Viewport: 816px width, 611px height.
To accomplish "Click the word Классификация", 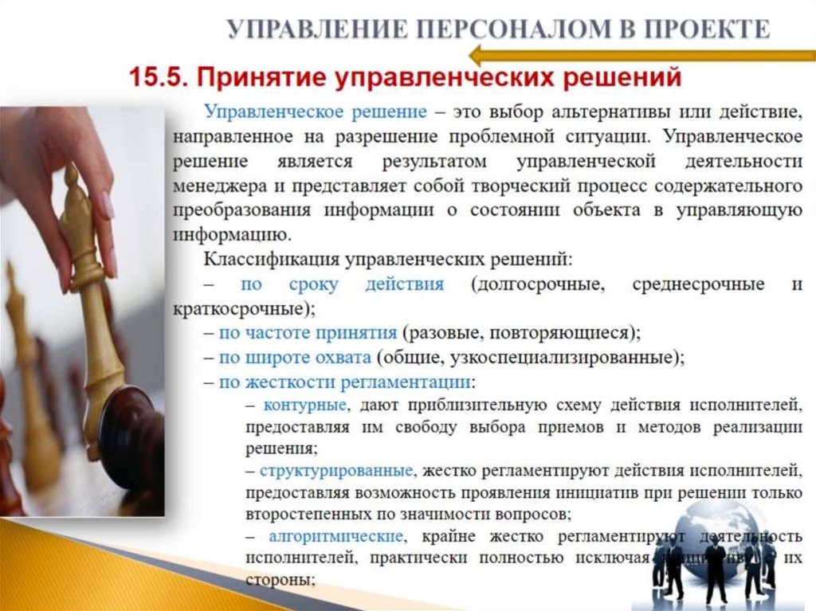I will (x=271, y=259).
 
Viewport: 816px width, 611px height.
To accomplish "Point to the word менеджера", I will (x=214, y=186).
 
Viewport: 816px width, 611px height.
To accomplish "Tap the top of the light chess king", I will (x=71, y=173).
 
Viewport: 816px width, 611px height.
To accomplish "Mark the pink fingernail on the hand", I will (x=107, y=206).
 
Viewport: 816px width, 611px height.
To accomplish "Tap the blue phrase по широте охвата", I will (x=295, y=357).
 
